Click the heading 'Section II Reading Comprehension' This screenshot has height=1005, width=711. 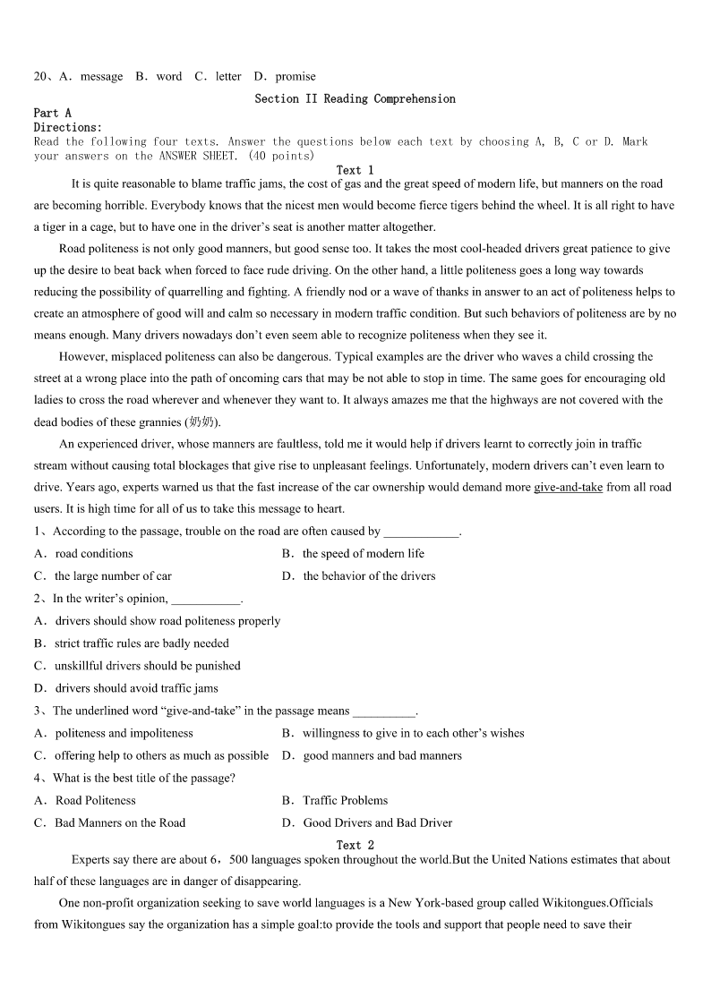[355, 98]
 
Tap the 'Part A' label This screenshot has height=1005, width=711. [52, 113]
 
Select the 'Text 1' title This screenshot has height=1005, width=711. [355, 170]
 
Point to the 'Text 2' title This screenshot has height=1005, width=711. [355, 845]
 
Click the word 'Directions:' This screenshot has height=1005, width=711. [68, 127]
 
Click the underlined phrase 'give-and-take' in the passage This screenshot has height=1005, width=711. [568, 487]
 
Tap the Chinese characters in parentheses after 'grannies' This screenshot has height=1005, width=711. [202, 422]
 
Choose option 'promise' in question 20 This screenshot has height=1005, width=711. [296, 77]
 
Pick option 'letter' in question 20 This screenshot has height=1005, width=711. [228, 77]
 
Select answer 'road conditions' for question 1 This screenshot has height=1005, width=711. [94, 554]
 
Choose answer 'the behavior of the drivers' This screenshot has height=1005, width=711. [369, 576]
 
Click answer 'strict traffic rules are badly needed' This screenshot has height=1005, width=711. [141, 643]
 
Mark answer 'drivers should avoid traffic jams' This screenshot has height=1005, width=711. [136, 688]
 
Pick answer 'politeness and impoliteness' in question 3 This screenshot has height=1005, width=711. [124, 733]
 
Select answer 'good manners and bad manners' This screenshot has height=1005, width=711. [382, 755]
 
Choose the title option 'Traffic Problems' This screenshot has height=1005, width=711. [345, 800]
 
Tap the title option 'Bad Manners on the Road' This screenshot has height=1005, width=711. [120, 822]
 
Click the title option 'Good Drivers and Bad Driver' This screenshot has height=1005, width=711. [377, 822]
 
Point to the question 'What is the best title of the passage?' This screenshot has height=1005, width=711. [144, 778]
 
